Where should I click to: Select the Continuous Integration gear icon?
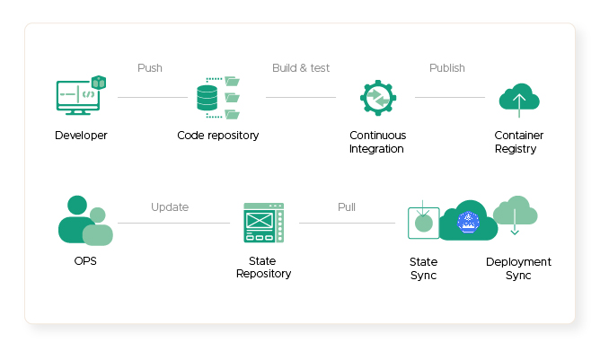pyautogui.click(x=378, y=98)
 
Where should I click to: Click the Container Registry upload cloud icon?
pyautogui.click(x=519, y=100)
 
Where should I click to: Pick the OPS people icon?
pyautogui.click(x=85, y=220)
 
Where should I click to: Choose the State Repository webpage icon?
pyautogui.click(x=264, y=223)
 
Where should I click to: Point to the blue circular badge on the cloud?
pyautogui.click(x=468, y=222)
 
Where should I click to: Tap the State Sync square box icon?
pyautogui.click(x=424, y=223)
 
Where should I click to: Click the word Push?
pyautogui.click(x=150, y=68)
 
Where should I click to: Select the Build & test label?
pyautogui.click(x=301, y=68)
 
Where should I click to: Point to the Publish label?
pyautogui.click(x=447, y=68)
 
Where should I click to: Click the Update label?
pyautogui.click(x=170, y=207)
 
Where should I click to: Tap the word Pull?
pyautogui.click(x=347, y=207)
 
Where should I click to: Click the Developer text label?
pyautogui.click(x=81, y=136)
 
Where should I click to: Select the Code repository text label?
pyautogui.click(x=218, y=136)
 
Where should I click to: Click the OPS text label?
pyautogui.click(x=85, y=261)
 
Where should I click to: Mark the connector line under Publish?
pyautogui.click(x=450, y=97)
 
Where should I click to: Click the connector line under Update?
pyautogui.click(x=173, y=223)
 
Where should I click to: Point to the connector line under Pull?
pyautogui.click(x=347, y=223)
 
